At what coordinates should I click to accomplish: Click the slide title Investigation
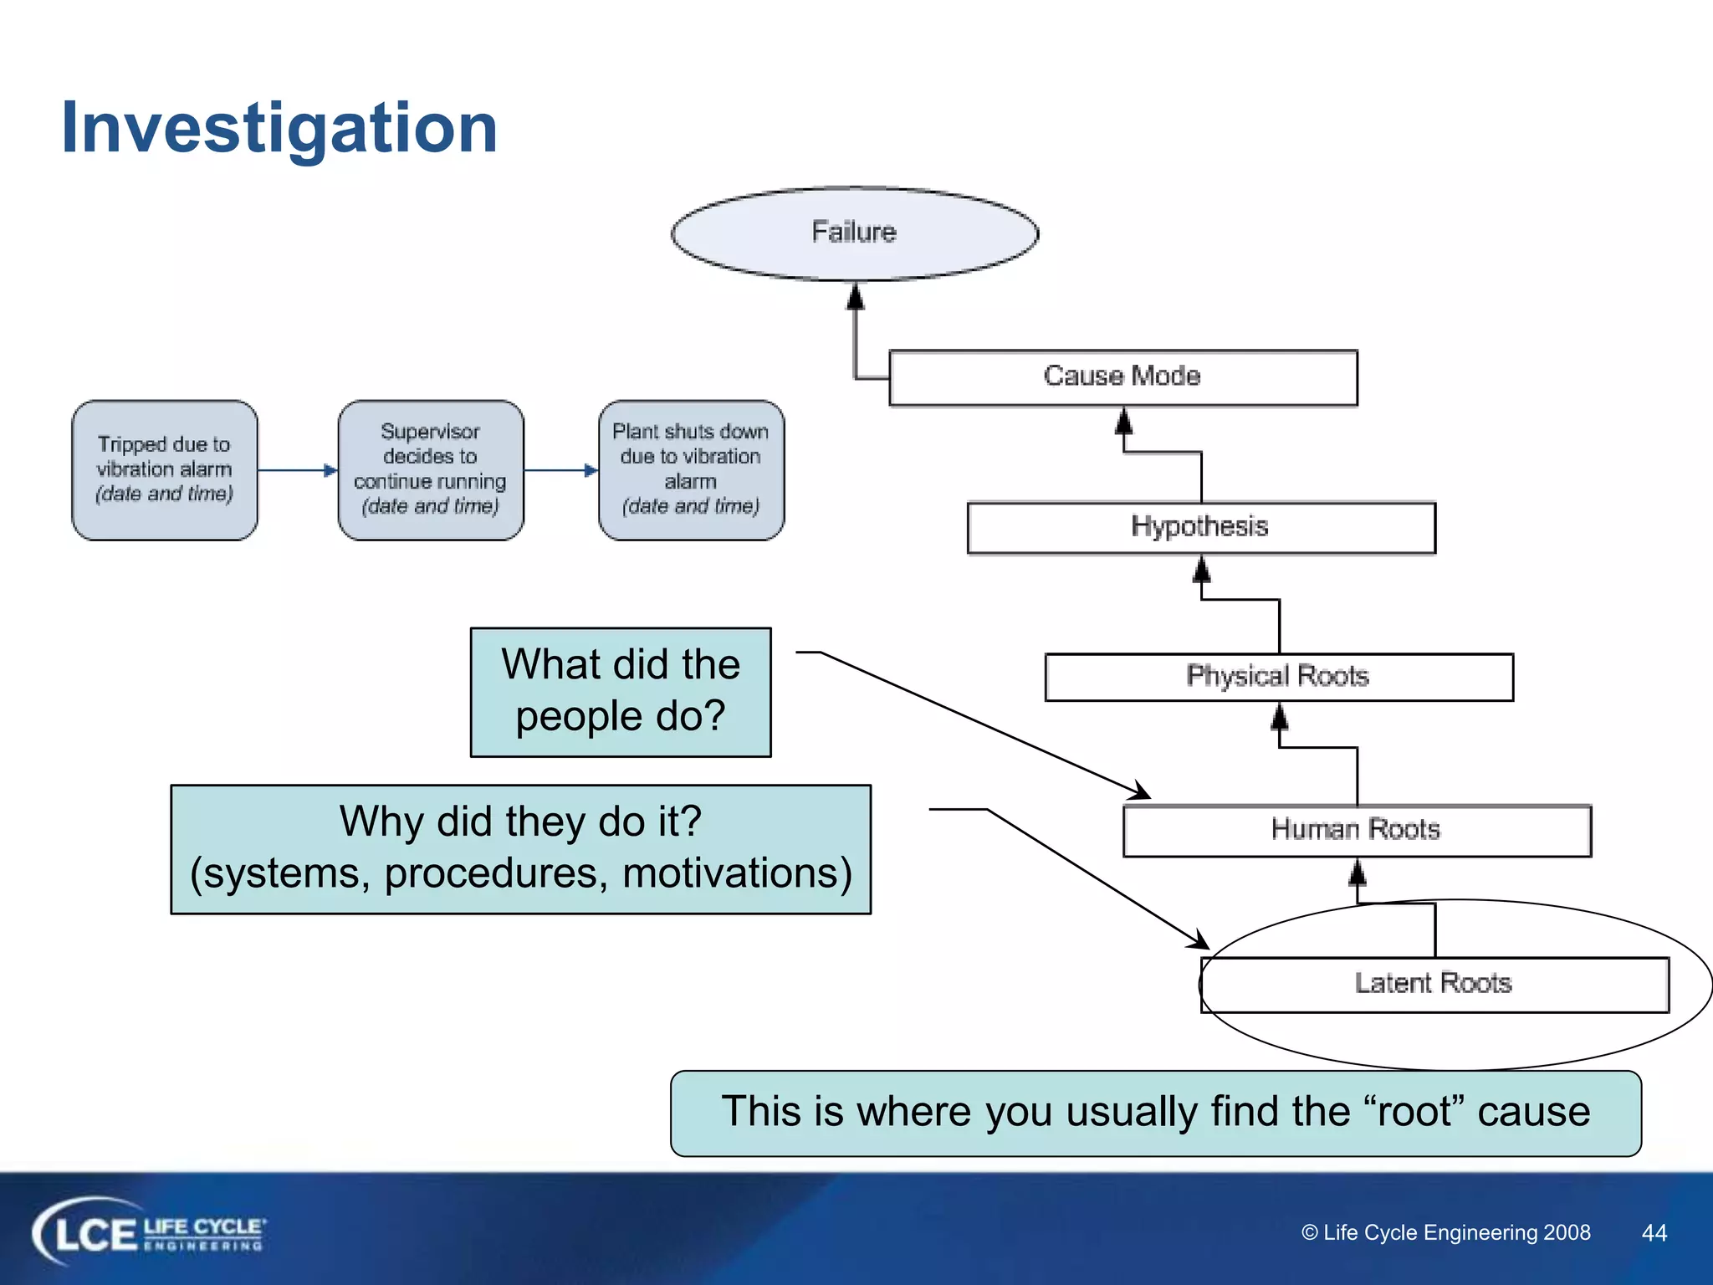pyautogui.click(x=279, y=128)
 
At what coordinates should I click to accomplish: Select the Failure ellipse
pyautogui.click(x=854, y=233)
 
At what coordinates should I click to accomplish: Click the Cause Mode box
pyautogui.click(x=1122, y=377)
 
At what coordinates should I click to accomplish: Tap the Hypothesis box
pyautogui.click(x=1200, y=527)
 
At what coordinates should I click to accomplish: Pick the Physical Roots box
pyautogui.click(x=1278, y=676)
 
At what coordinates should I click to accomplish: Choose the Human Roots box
pyautogui.click(x=1356, y=830)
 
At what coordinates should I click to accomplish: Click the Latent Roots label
pyautogui.click(x=1433, y=983)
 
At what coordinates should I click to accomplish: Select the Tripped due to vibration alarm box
pyautogui.click(x=165, y=469)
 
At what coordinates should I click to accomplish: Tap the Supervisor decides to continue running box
pyautogui.click(x=430, y=469)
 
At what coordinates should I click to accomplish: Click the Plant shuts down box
pyautogui.click(x=691, y=469)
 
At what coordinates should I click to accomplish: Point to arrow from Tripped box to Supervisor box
pyautogui.click(x=297, y=470)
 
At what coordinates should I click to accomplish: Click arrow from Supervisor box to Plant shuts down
pyautogui.click(x=560, y=470)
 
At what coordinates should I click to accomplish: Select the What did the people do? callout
pyautogui.click(x=621, y=692)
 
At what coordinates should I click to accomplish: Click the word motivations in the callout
pyautogui.click(x=737, y=873)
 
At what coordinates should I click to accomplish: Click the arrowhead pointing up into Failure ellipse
pyautogui.click(x=855, y=296)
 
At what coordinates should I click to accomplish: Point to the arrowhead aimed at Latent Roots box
pyautogui.click(x=1199, y=940)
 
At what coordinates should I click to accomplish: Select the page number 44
pyautogui.click(x=1654, y=1232)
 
